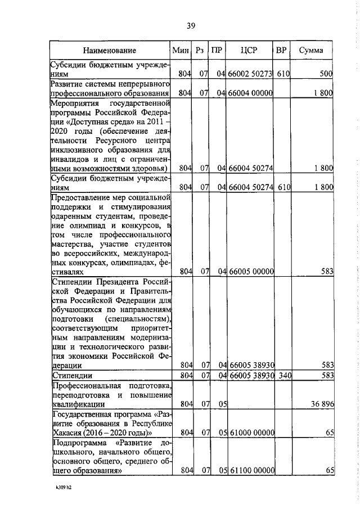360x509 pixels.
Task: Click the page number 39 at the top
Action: [191, 25]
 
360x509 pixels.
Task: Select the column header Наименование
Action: [109, 50]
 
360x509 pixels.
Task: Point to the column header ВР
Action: [281, 50]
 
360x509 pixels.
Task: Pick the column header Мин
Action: [181, 50]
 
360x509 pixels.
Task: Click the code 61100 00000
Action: [250, 470]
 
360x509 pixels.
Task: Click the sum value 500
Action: [327, 73]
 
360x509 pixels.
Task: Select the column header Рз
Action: [200, 50]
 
